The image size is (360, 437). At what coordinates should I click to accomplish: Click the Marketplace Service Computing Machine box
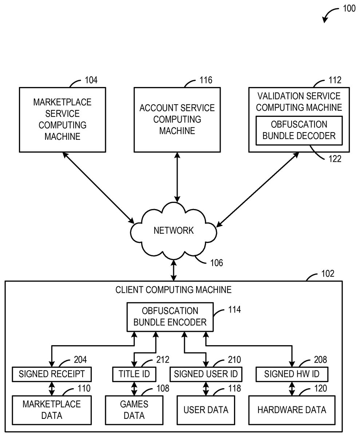[x=62, y=119]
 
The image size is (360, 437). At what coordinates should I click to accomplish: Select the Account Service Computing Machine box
[x=177, y=119]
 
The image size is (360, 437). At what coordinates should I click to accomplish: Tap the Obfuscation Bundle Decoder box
[x=299, y=130]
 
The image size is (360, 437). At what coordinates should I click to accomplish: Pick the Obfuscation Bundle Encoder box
[x=170, y=316]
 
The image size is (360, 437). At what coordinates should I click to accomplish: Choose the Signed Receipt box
[x=52, y=374]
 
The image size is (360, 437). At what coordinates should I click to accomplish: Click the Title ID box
[x=134, y=374]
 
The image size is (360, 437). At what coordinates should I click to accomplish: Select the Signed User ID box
[x=206, y=374]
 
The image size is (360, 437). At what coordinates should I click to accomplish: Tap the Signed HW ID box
[x=292, y=374]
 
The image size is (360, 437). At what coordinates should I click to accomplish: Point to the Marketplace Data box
[x=52, y=410]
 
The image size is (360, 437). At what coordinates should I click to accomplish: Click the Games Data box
[x=134, y=410]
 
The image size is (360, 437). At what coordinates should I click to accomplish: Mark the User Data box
[x=206, y=410]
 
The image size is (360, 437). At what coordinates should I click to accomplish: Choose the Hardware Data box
[x=292, y=410]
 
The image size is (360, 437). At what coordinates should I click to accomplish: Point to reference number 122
[x=335, y=158]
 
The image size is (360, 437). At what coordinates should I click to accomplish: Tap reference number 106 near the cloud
[x=216, y=262]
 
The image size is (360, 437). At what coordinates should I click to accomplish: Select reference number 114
[x=234, y=310]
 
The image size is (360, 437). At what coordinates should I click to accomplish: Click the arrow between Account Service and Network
[x=177, y=177]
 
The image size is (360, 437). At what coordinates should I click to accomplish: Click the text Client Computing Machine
[x=173, y=290]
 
